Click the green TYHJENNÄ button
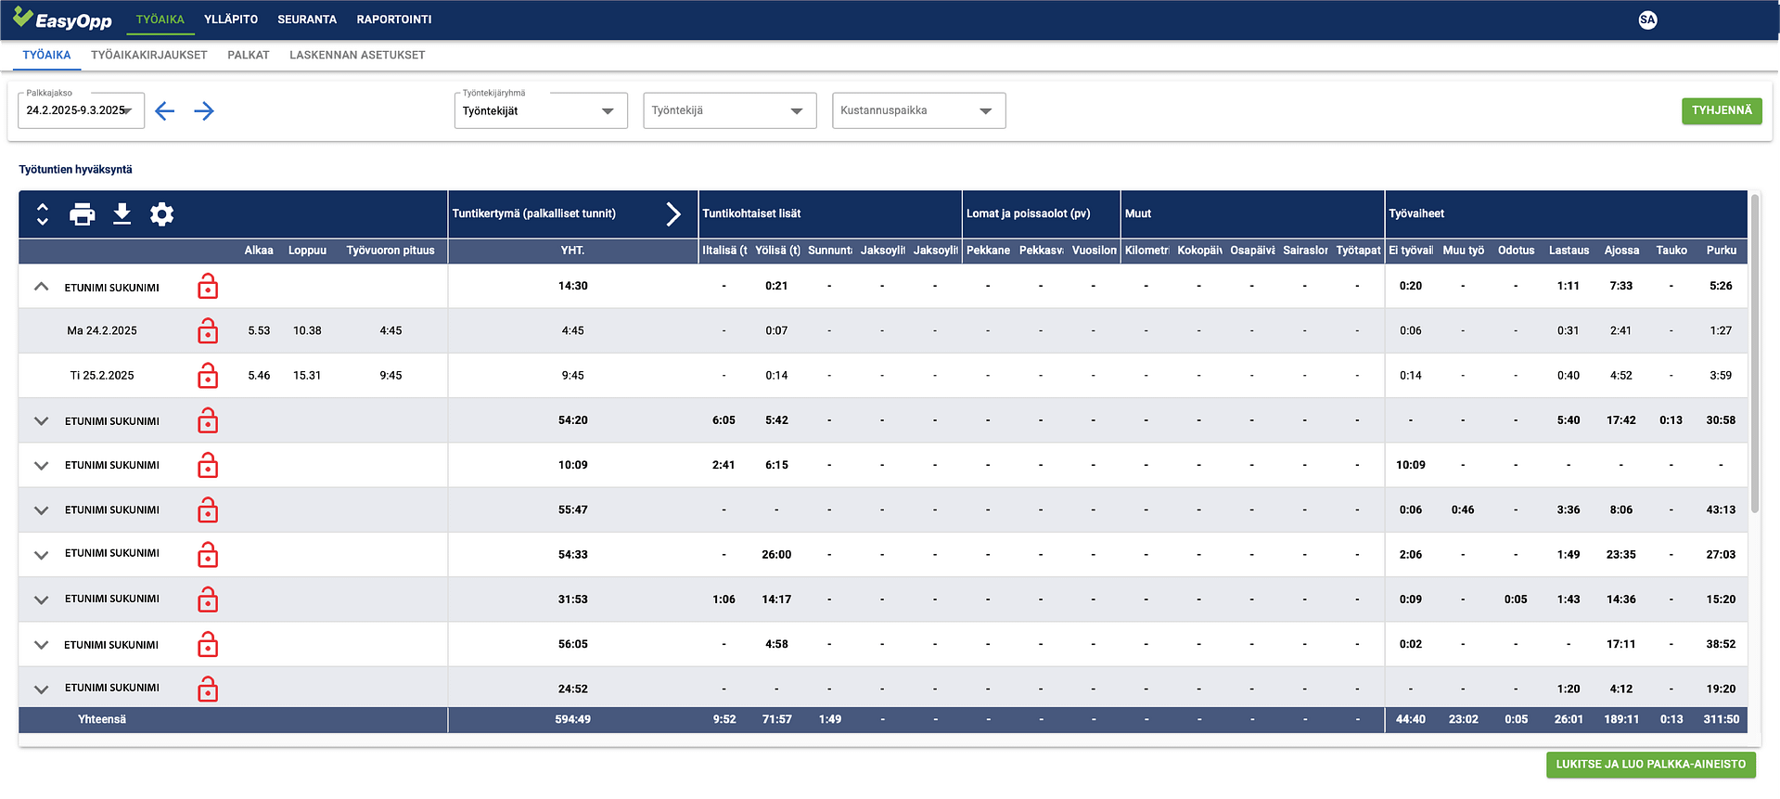tap(1722, 110)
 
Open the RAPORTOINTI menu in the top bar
tap(394, 19)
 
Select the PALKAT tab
tap(249, 56)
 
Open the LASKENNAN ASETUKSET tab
tap(357, 56)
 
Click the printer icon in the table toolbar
tap(83, 214)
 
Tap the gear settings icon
tap(162, 214)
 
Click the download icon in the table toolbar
tap(122, 214)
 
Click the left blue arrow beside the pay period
tap(165, 111)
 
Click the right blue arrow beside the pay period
tap(204, 111)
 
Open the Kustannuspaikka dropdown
tap(918, 110)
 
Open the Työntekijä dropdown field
tap(729, 110)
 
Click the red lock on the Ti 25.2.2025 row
tap(208, 376)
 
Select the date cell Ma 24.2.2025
tap(102, 331)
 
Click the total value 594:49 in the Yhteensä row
tap(572, 720)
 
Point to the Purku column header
tap(1722, 251)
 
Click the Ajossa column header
tap(1621, 251)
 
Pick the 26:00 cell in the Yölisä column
tap(776, 555)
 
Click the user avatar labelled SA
tap(1647, 19)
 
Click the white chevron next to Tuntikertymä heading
tap(673, 214)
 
